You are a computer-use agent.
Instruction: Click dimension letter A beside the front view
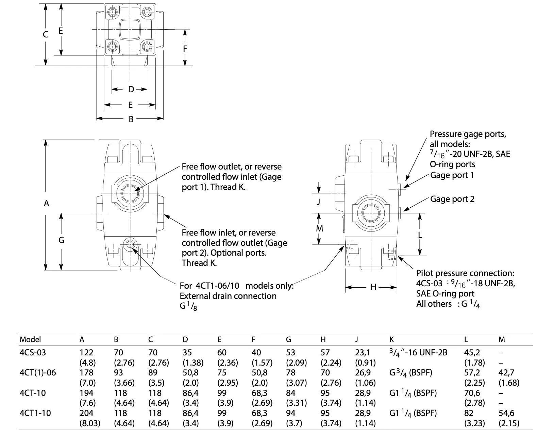point(47,204)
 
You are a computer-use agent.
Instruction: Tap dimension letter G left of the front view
point(61,240)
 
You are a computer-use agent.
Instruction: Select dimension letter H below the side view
point(373,287)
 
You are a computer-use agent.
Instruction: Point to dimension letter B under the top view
point(131,119)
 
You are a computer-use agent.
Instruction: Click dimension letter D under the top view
point(131,90)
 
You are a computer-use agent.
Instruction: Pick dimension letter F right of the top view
point(185,49)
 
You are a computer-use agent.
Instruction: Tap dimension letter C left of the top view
point(46,34)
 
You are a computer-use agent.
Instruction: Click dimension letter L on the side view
point(420,235)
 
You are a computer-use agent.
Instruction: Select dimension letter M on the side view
point(319,228)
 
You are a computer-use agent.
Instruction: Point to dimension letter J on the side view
point(319,202)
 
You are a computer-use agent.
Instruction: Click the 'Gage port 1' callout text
point(452,175)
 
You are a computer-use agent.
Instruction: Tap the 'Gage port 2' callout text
point(452,199)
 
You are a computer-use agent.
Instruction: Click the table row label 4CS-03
point(33,352)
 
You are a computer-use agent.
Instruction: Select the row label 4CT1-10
point(35,413)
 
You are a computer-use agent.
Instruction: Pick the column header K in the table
point(391,339)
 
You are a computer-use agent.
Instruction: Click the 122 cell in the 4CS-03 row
point(86,352)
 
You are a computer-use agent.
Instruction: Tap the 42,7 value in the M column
point(506,373)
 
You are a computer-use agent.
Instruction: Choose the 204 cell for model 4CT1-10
point(86,413)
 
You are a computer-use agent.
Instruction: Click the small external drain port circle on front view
point(130,244)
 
